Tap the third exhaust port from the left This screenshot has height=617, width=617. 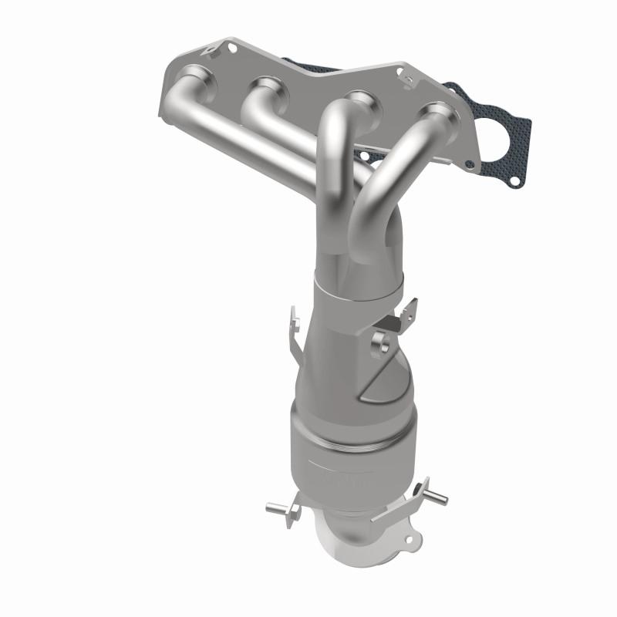tap(355, 100)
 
